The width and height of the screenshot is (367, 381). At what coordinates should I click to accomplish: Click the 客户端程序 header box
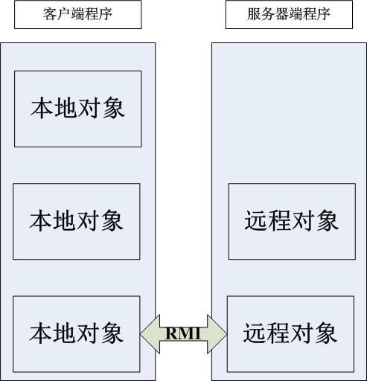tap(77, 15)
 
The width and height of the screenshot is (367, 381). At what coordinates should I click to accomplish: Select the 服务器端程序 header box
tap(289, 15)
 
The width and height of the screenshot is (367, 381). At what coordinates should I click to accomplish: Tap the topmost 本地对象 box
tap(77, 109)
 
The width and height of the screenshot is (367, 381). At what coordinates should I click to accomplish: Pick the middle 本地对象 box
tap(77, 221)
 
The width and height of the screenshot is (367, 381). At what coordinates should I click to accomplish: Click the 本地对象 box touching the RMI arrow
tap(77, 333)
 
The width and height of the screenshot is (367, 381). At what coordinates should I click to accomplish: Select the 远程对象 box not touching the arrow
tap(291, 221)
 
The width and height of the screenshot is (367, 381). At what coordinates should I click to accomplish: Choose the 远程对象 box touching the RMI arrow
tap(290, 333)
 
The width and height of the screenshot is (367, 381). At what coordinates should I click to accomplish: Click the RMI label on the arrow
tap(183, 333)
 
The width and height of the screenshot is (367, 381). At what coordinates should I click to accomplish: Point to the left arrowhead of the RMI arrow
tap(147, 333)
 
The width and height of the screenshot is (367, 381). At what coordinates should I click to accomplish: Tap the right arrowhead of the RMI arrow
tap(220, 333)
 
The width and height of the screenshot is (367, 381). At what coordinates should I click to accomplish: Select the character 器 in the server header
tap(289, 15)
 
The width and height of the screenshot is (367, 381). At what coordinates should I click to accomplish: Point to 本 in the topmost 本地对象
tap(42, 109)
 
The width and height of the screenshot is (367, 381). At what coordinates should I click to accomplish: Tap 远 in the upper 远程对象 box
tap(256, 221)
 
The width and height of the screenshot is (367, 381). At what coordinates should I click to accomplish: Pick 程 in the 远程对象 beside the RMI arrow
tap(278, 333)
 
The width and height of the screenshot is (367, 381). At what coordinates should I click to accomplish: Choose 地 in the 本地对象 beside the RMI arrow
tap(65, 333)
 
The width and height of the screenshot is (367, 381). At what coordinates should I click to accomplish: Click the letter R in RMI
tap(171, 333)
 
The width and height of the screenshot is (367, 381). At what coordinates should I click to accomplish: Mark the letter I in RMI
tap(197, 333)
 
